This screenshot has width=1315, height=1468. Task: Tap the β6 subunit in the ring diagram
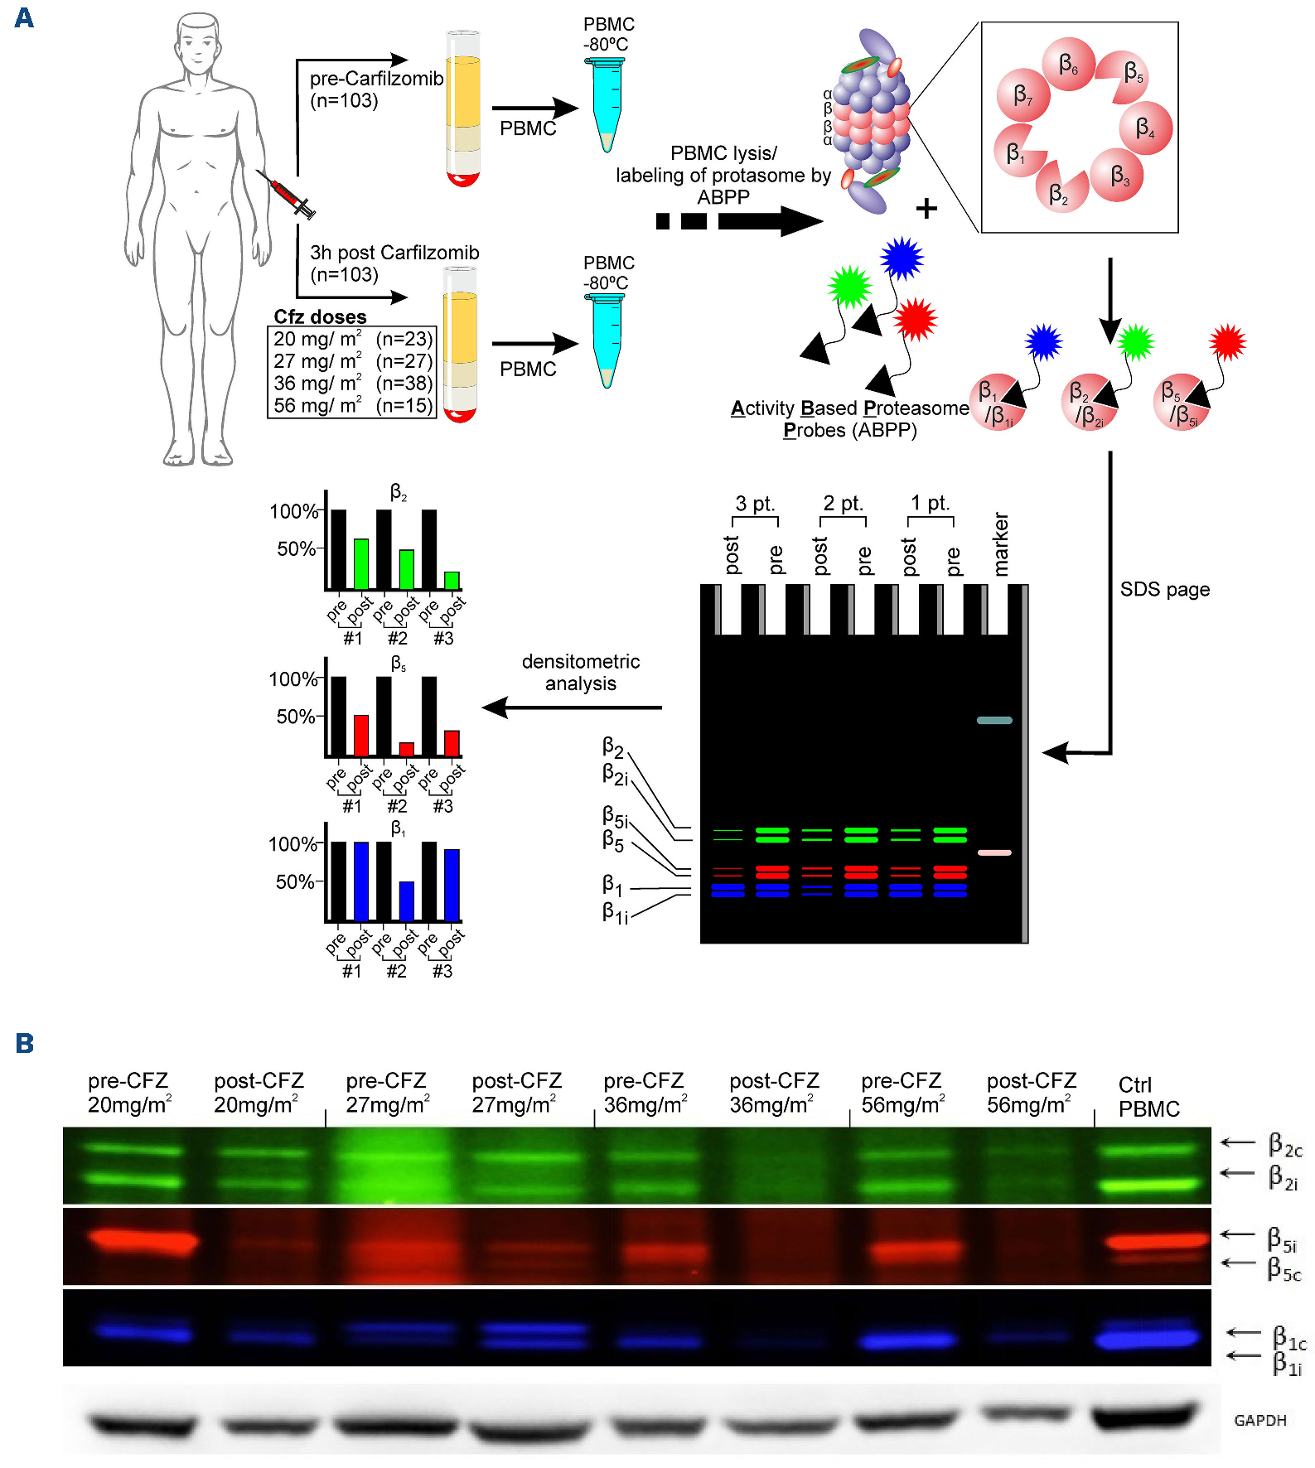(x=1069, y=64)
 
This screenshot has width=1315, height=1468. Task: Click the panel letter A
(x=24, y=17)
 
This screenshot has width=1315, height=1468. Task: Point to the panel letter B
(x=24, y=1043)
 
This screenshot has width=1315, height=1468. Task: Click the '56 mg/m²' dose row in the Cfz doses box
(x=352, y=405)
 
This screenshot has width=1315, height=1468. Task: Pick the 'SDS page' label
(x=1164, y=589)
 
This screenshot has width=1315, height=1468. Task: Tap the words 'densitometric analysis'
(x=580, y=672)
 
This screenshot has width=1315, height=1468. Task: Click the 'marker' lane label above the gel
(x=1001, y=544)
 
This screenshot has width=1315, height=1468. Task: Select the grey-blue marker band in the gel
(x=994, y=720)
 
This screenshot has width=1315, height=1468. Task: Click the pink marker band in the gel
(x=994, y=852)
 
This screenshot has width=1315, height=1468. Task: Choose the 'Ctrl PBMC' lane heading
(x=1148, y=1097)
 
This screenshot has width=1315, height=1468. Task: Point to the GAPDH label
(x=1259, y=1420)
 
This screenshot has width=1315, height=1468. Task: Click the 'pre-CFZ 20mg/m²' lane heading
(x=129, y=1093)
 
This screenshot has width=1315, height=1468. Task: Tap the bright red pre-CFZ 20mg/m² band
(x=143, y=1240)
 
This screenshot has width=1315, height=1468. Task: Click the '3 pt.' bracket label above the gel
(x=754, y=504)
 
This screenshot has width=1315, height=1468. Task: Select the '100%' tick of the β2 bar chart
(x=293, y=511)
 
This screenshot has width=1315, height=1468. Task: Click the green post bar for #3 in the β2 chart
(x=452, y=580)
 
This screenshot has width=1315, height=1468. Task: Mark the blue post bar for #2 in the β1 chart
(x=406, y=901)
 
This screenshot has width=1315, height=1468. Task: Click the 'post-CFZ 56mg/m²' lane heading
(x=1031, y=1093)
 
